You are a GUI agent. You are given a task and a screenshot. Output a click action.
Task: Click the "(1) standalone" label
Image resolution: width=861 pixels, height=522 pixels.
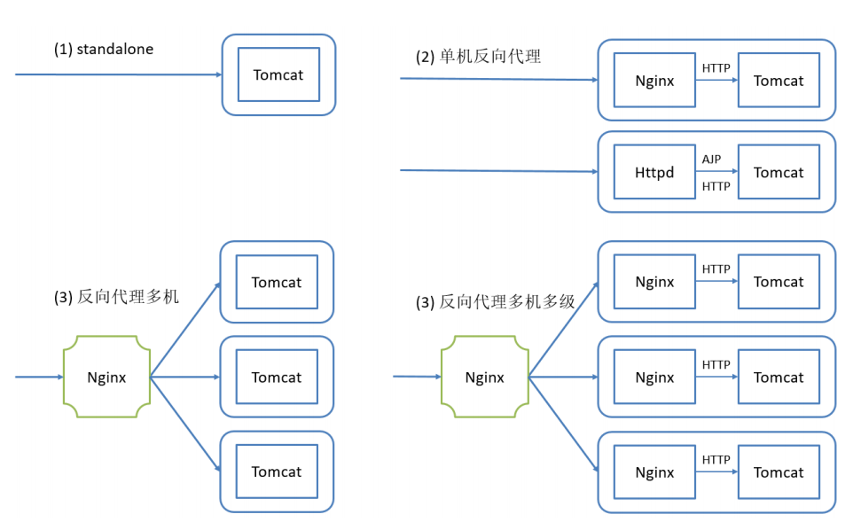coord(104,50)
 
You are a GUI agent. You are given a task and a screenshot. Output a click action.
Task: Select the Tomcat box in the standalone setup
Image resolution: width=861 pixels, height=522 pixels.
coord(278,74)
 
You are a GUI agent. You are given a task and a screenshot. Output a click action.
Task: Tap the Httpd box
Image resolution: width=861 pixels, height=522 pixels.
coord(654,172)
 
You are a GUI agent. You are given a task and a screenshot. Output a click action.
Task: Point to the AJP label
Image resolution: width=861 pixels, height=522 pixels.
coord(711,160)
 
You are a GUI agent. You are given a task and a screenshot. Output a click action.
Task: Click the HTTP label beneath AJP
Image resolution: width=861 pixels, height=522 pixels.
coord(716,187)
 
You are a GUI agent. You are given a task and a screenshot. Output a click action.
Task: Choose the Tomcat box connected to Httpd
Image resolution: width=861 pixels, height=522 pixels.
coord(779,172)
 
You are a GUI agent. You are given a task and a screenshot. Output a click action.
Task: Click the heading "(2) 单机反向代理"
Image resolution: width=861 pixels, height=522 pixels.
coord(478,57)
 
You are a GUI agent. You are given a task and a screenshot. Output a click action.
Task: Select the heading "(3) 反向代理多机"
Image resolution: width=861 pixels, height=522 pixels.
coord(116,297)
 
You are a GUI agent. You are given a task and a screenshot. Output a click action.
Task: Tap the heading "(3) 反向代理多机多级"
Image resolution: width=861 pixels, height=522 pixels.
coord(496,302)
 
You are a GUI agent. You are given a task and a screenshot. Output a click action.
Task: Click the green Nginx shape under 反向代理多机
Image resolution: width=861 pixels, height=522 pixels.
coord(106,377)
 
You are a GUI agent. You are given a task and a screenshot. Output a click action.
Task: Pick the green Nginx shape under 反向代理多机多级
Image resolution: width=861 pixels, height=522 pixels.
coord(485,377)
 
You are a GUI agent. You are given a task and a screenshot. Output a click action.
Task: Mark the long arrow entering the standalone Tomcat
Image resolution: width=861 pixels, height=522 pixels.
coord(119,74)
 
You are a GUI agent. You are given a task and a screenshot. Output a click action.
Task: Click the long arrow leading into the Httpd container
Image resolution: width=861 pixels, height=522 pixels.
coord(499,171)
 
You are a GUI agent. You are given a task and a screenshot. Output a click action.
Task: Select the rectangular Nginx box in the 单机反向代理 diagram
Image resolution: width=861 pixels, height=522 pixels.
coord(654,80)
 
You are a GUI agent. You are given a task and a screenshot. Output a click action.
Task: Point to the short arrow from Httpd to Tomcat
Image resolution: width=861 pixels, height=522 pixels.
coord(717,171)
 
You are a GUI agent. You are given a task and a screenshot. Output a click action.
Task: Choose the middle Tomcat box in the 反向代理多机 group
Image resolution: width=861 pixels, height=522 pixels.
coord(277,377)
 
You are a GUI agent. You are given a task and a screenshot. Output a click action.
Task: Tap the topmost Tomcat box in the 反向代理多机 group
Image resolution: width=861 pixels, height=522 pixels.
coord(277,282)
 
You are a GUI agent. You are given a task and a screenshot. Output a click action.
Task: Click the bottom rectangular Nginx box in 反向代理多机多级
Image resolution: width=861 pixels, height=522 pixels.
coord(654,472)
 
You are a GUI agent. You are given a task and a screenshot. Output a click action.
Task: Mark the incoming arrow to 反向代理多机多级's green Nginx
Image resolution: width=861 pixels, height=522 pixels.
coord(418,377)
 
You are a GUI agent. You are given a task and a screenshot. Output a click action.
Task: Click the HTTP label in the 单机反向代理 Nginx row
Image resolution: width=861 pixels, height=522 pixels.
coord(716,68)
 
